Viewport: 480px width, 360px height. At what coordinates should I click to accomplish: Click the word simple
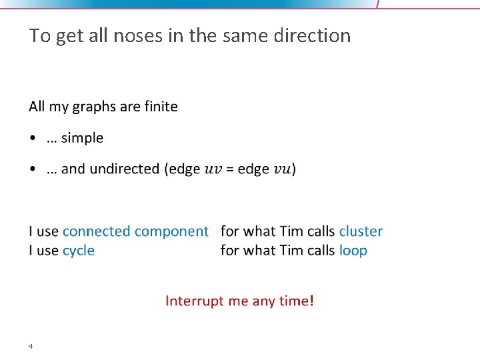[83, 138]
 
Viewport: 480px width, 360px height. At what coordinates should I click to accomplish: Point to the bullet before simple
[33, 139]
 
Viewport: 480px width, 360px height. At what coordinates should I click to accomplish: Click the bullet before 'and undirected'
[33, 169]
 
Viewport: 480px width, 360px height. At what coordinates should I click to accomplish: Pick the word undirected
[124, 169]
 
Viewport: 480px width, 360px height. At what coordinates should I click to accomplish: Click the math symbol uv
[212, 170]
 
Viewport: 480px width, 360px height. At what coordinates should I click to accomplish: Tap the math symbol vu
[283, 170]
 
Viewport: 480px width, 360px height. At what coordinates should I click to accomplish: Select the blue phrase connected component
[135, 231]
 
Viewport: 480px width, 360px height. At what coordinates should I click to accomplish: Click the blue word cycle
[79, 251]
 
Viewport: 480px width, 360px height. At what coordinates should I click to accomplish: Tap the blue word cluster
[361, 231]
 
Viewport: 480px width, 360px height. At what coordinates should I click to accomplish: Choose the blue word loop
[353, 251]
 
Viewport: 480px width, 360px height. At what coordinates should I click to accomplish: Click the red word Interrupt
[195, 301]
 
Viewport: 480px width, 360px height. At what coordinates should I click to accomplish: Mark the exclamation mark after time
[311, 301]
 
